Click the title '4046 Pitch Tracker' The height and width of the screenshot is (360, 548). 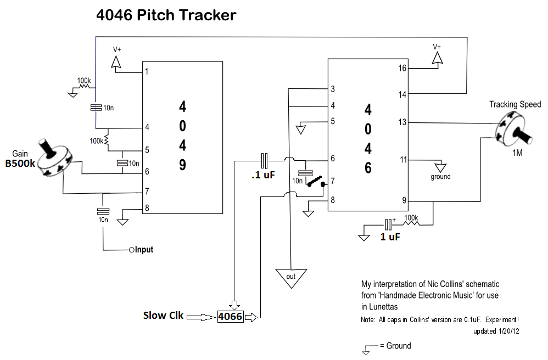(x=166, y=15)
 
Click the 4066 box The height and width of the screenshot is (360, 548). (x=230, y=317)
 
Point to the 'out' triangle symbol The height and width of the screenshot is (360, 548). (x=291, y=276)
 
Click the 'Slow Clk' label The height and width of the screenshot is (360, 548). (x=163, y=316)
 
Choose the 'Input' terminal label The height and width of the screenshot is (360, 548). (x=144, y=250)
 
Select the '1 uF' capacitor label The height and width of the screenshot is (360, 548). (x=389, y=237)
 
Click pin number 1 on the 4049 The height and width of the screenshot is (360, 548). (x=147, y=71)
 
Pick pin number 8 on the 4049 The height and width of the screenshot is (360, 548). (x=147, y=208)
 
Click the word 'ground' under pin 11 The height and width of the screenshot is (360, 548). (x=440, y=177)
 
